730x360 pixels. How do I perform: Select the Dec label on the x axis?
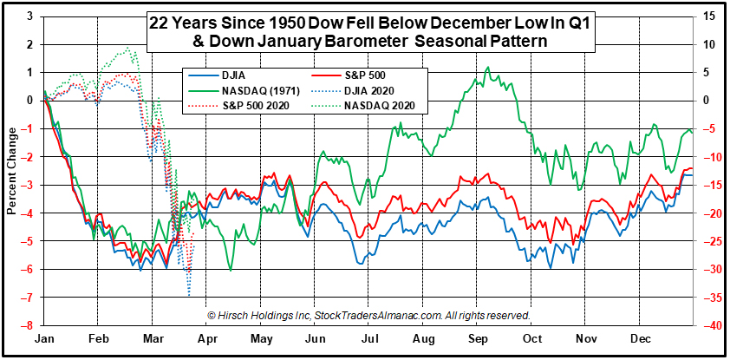click(x=640, y=342)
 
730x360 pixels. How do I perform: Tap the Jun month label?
click(x=314, y=342)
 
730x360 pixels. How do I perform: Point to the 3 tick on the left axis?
click(x=32, y=16)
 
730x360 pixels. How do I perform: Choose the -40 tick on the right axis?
click(x=708, y=326)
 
